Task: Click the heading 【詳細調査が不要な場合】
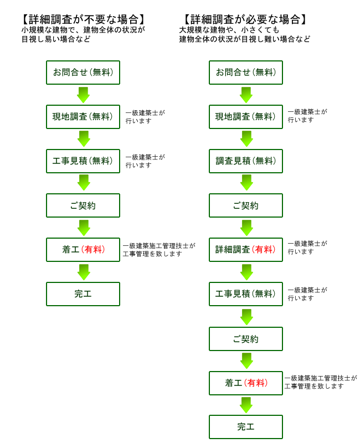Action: pyautogui.click(x=83, y=19)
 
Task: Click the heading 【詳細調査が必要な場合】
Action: pyautogui.click(x=245, y=19)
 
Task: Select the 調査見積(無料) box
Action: pyautogui.click(x=246, y=161)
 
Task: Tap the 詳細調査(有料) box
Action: pyautogui.click(x=246, y=250)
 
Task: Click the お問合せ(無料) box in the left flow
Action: pyautogui.click(x=83, y=73)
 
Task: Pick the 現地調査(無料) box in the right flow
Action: pyautogui.click(x=246, y=117)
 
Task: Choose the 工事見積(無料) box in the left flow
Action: pyautogui.click(x=83, y=161)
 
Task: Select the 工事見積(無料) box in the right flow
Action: pyautogui.click(x=246, y=294)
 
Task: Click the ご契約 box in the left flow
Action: pyautogui.click(x=83, y=205)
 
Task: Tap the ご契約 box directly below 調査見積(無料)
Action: pyautogui.click(x=246, y=205)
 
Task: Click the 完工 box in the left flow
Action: pyautogui.click(x=83, y=294)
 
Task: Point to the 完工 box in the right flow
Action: pyautogui.click(x=246, y=427)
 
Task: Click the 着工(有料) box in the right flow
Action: pyautogui.click(x=246, y=383)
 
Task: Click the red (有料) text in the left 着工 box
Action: pyautogui.click(x=93, y=250)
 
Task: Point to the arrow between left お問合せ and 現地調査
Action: pyautogui.click(x=84, y=95)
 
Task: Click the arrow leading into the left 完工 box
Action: pyautogui.click(x=84, y=272)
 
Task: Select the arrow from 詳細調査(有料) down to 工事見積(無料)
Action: pyautogui.click(x=246, y=272)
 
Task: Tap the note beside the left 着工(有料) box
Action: pyautogui.click(x=159, y=250)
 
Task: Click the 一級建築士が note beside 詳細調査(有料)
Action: pyautogui.click(x=307, y=248)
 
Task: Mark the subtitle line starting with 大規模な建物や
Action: pyautogui.click(x=229, y=30)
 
